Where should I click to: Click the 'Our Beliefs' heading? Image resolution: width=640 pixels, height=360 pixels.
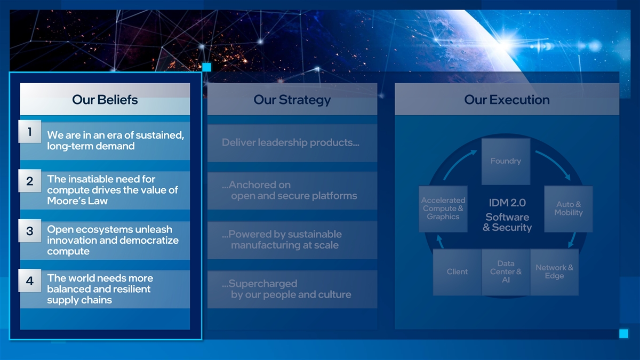click(x=105, y=100)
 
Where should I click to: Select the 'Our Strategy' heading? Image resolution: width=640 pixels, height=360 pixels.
click(x=292, y=100)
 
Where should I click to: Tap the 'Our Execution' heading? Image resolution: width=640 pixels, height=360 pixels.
click(x=507, y=100)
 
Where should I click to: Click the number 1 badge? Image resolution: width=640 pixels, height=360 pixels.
click(x=30, y=131)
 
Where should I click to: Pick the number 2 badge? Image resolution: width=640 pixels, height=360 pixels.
click(x=30, y=181)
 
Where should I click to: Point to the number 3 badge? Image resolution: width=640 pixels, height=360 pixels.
click(x=30, y=231)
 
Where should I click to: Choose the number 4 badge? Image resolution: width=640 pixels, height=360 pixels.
click(x=30, y=281)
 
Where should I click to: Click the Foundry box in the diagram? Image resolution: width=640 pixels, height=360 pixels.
click(x=506, y=162)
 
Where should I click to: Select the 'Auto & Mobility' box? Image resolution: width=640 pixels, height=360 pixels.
click(x=569, y=209)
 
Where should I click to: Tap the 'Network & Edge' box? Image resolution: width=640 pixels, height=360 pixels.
click(x=554, y=272)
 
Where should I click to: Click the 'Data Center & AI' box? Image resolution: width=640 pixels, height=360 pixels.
click(x=506, y=272)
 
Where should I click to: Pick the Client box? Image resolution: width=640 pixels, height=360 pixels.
click(x=457, y=272)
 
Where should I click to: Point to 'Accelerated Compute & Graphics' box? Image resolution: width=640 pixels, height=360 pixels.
click(x=443, y=209)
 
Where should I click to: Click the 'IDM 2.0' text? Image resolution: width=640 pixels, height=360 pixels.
click(x=507, y=203)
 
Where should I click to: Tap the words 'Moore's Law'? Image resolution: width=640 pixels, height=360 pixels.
click(x=77, y=201)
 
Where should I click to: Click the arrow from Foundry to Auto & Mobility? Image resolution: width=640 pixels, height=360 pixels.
click(x=555, y=163)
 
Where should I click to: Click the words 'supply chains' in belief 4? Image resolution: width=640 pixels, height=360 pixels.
click(x=79, y=300)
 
